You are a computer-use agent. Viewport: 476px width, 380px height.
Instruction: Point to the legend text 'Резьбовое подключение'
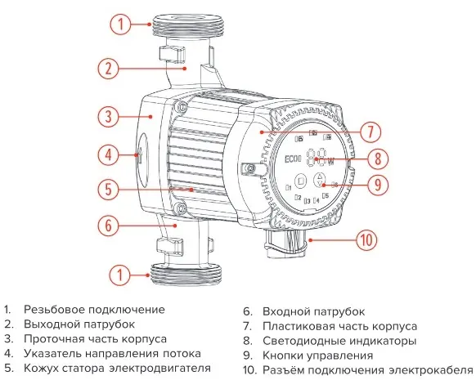94,310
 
